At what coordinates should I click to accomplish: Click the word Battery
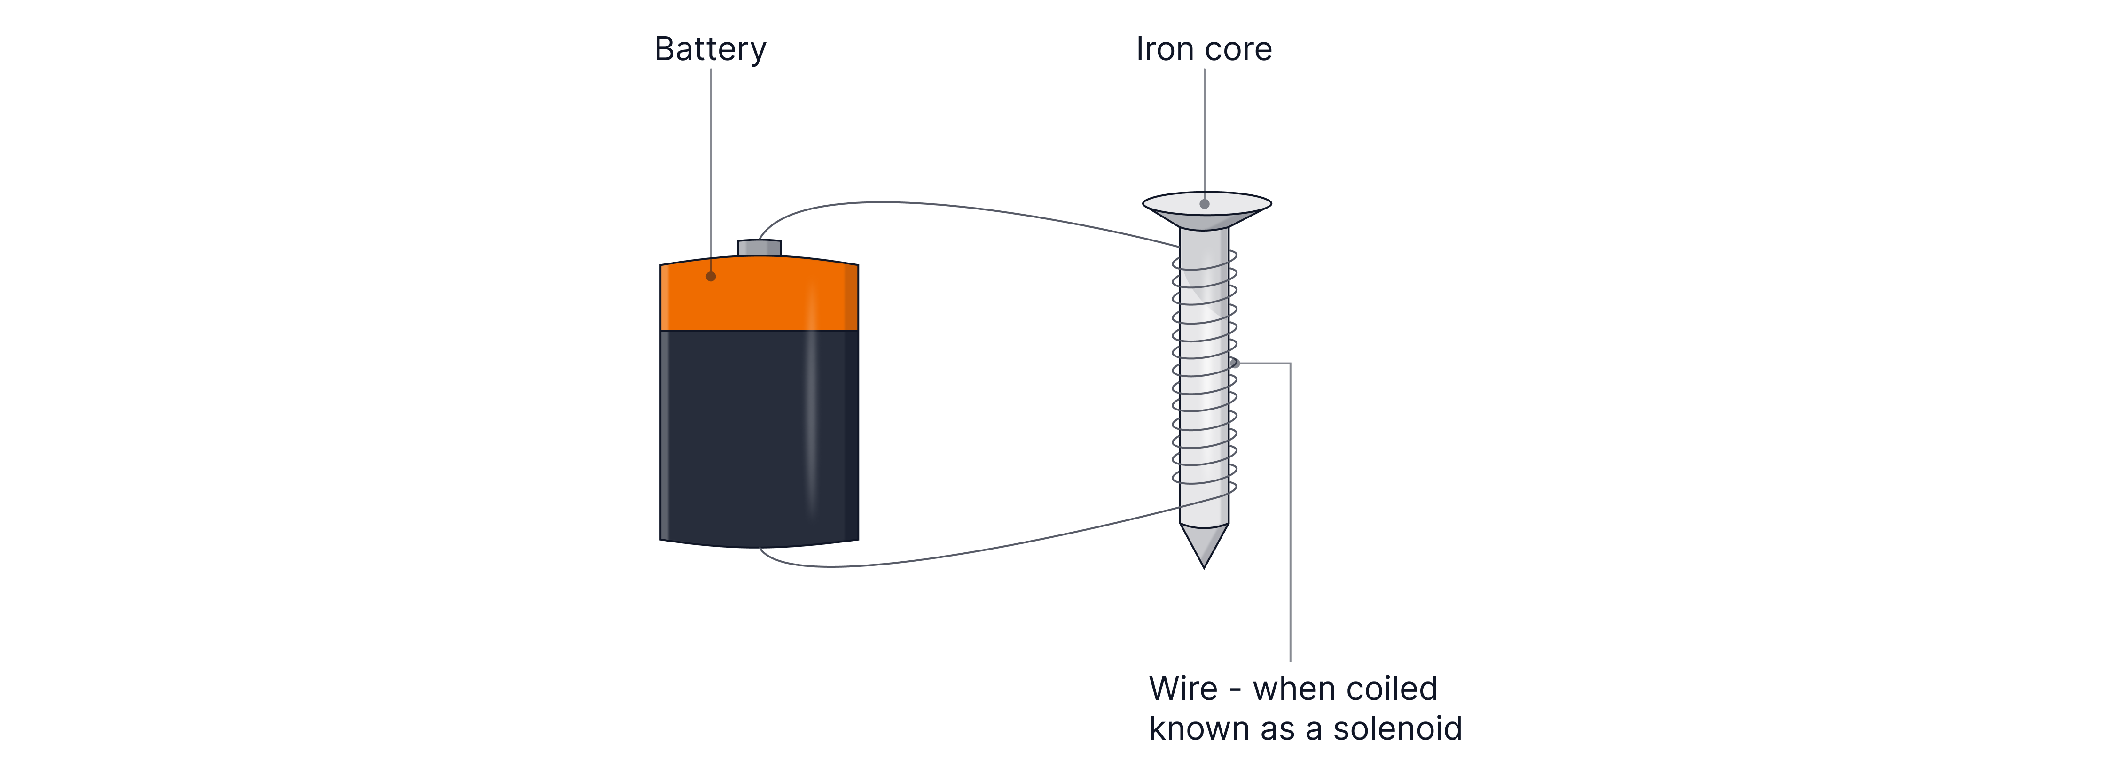click(710, 49)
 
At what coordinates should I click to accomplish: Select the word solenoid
click(1397, 729)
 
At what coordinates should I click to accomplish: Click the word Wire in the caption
click(1183, 689)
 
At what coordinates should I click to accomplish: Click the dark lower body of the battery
click(741, 436)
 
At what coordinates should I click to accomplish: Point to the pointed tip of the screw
click(1204, 552)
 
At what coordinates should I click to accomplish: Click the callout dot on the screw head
click(1204, 203)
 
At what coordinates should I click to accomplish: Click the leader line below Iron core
click(1204, 132)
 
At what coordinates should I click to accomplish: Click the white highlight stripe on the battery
click(811, 412)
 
